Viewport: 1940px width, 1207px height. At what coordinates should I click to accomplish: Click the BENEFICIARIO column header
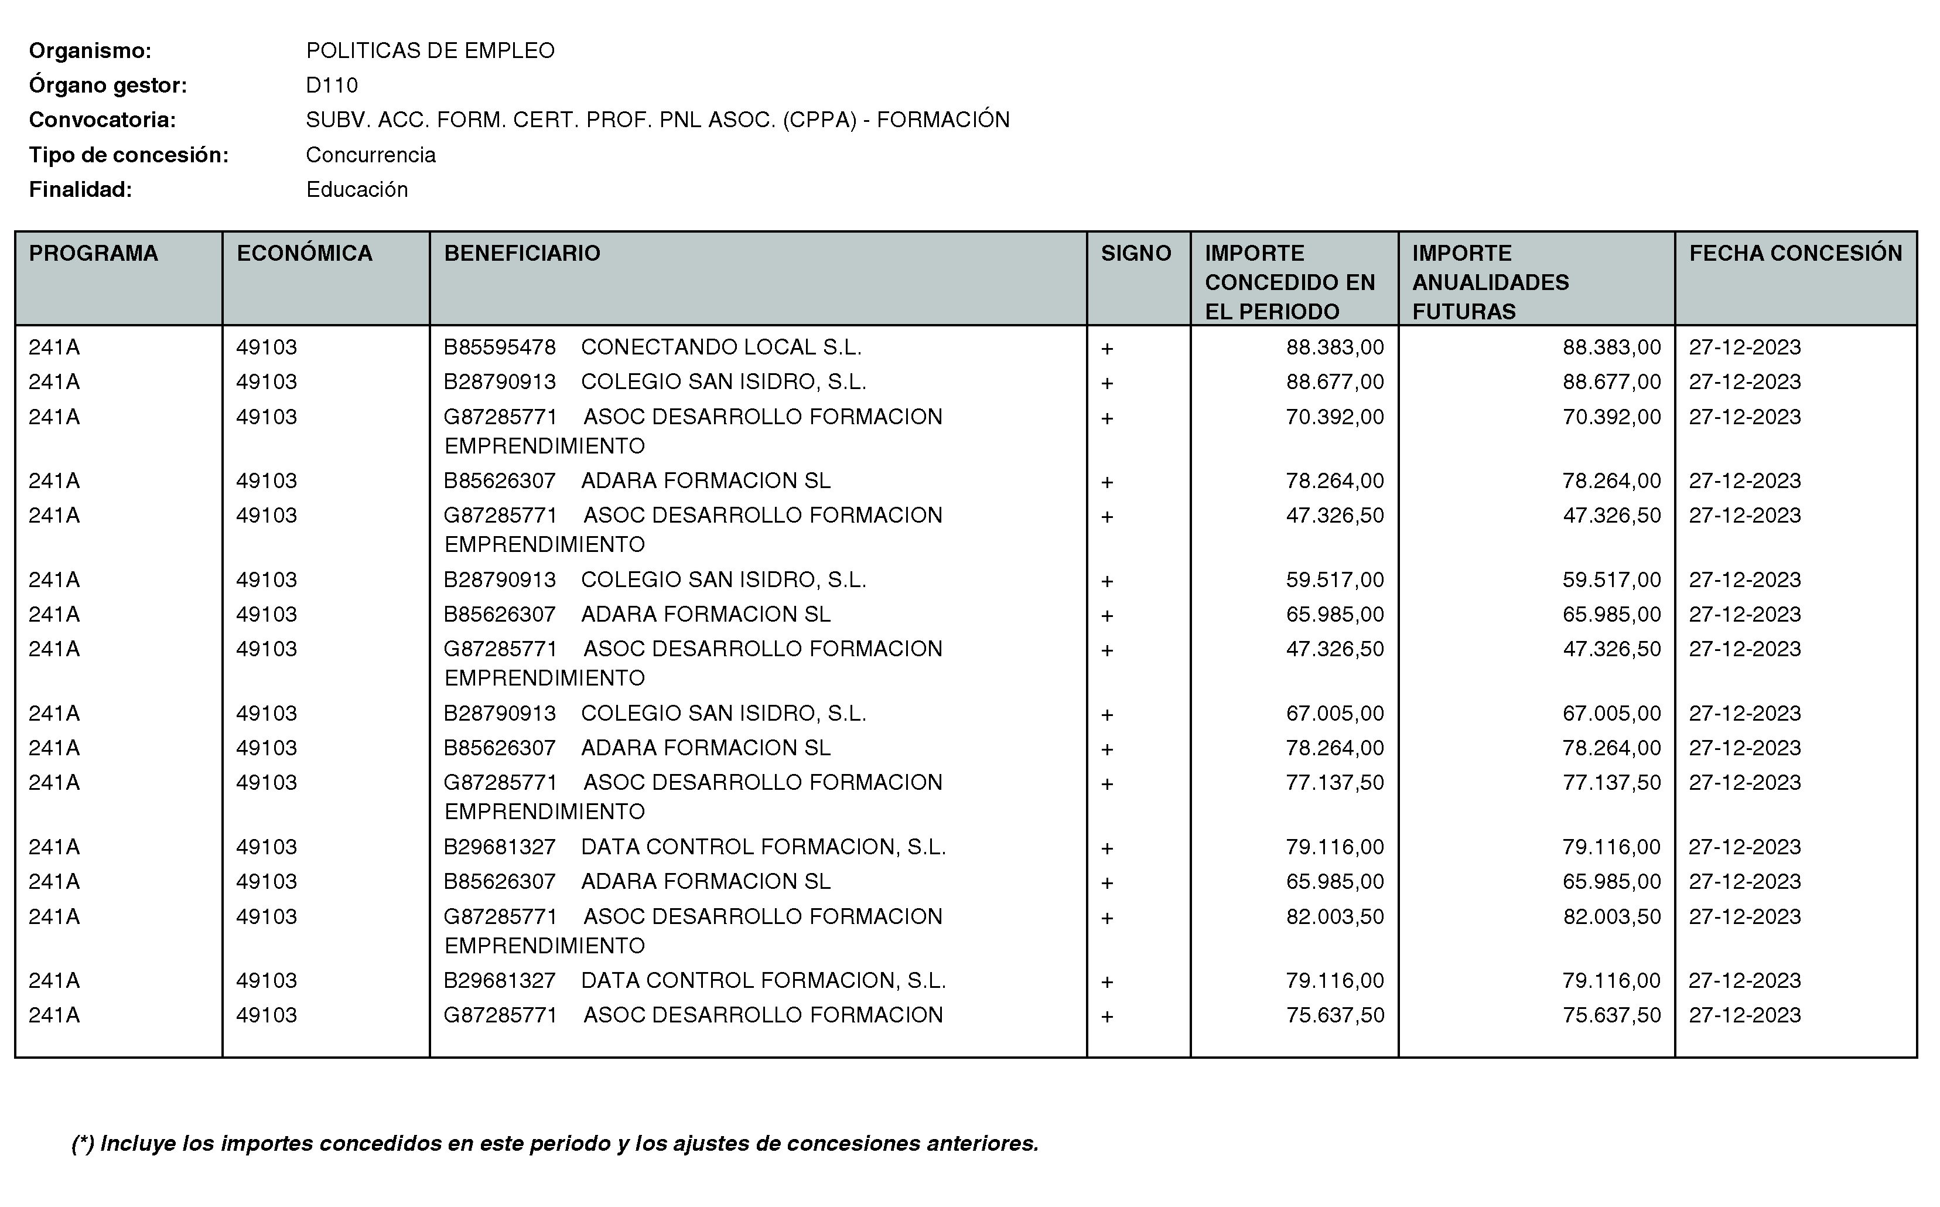tap(522, 254)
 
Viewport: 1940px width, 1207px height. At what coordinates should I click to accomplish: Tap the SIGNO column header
tap(1136, 254)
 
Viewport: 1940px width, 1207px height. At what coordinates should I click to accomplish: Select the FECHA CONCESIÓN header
tap(1795, 254)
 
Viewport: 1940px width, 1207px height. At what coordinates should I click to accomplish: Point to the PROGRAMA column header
tap(93, 254)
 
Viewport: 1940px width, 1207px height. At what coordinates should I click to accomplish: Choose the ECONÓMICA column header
tap(304, 254)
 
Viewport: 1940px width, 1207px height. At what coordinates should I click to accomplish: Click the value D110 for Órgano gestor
tap(332, 86)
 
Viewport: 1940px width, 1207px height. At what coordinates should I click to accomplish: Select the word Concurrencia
tap(370, 155)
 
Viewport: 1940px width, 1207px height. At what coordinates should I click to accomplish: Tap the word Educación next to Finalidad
tap(357, 190)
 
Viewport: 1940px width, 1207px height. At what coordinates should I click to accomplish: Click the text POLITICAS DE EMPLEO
tap(430, 51)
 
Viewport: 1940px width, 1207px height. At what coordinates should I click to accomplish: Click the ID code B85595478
tap(500, 348)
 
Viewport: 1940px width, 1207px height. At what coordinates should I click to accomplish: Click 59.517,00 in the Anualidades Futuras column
tap(1611, 580)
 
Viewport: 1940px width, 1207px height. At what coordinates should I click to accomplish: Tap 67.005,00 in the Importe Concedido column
tap(1334, 714)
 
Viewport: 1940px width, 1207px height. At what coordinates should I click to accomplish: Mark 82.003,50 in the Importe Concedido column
tap(1334, 917)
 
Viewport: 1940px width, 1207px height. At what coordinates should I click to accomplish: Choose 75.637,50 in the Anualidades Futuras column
tap(1611, 1015)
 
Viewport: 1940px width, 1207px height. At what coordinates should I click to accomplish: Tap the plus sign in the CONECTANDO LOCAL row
tap(1107, 349)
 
